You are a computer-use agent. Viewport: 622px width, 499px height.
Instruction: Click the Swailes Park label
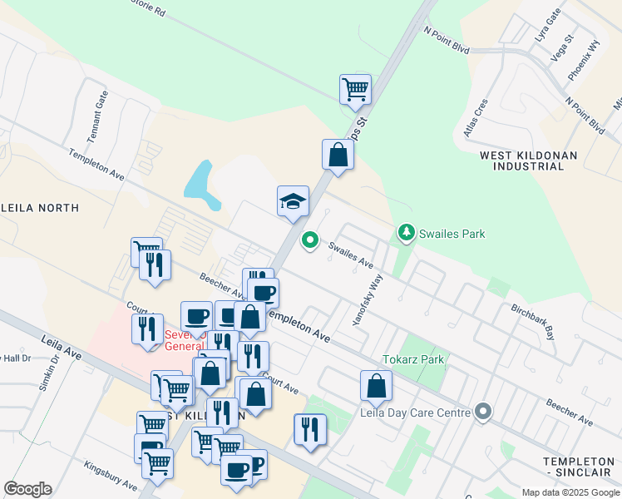452,234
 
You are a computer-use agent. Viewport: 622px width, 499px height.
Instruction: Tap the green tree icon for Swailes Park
407,233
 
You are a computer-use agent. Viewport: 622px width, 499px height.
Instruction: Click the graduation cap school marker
293,201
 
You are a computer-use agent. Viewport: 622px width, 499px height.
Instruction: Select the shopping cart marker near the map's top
355,89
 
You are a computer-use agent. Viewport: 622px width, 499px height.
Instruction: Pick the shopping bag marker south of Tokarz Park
376,386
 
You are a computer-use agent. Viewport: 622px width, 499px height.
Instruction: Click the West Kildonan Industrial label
521,161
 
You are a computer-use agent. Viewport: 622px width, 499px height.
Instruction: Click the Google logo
27,488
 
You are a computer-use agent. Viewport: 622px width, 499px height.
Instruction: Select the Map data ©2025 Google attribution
570,492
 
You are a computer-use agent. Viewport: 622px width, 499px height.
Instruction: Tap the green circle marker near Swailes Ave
310,240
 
